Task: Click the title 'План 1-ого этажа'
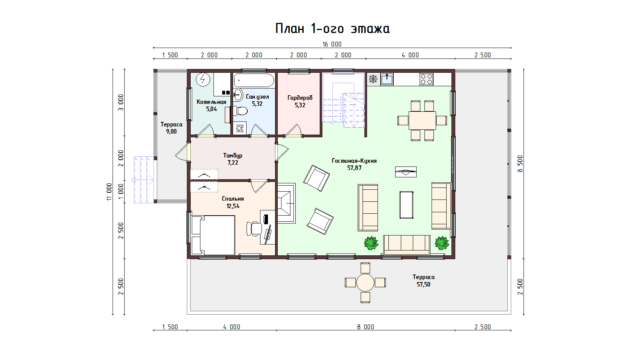pos(333,29)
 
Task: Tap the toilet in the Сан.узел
pos(240,111)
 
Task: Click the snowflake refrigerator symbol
pos(373,79)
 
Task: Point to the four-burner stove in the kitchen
pos(426,79)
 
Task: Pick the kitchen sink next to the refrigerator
pos(387,79)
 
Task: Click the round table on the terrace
pos(365,283)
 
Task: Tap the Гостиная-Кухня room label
pos(354,161)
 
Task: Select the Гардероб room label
pos(300,98)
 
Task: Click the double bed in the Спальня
pos(213,235)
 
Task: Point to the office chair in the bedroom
pos(254,229)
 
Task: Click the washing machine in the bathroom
pos(239,128)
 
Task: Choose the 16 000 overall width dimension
pos(332,44)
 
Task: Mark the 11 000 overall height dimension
pos(109,192)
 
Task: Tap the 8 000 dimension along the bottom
pos(366,327)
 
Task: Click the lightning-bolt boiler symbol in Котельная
pos(203,79)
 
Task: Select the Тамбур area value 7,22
pos(233,163)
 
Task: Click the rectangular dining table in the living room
pos(422,120)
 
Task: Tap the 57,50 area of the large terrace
pos(423,284)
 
